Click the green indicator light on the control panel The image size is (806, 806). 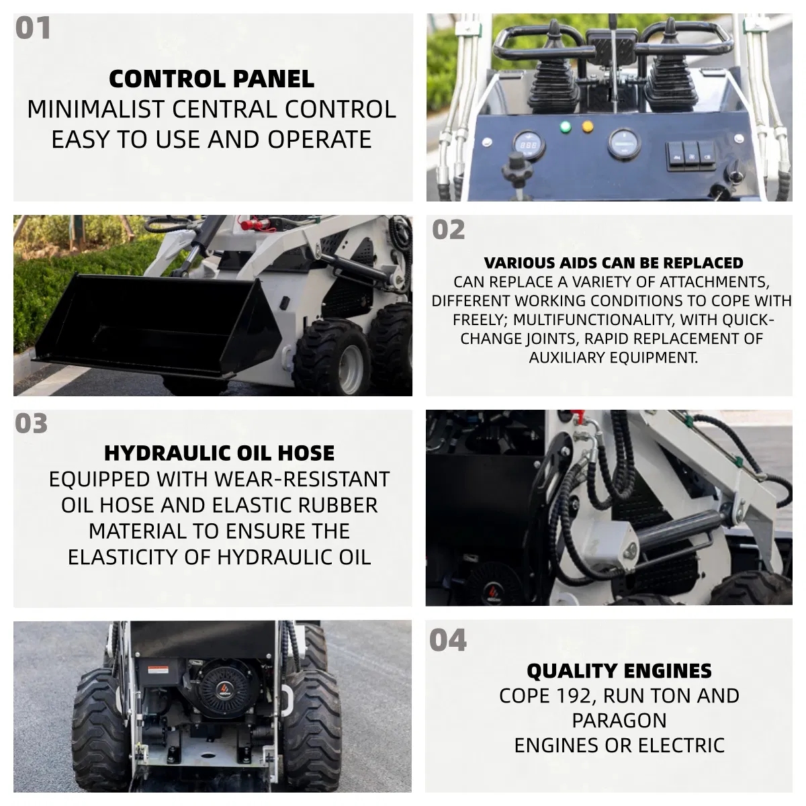(565, 126)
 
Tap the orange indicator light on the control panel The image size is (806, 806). (587, 126)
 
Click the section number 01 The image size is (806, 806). (33, 28)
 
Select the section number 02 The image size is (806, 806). (448, 230)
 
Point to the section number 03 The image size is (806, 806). (32, 423)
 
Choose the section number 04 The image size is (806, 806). (447, 640)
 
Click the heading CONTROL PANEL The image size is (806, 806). (212, 79)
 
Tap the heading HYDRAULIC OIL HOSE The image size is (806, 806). (219, 453)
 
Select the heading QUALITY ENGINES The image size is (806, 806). (619, 671)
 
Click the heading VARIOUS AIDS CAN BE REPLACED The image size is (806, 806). (614, 263)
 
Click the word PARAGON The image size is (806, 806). (619, 721)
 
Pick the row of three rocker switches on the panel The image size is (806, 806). (690, 156)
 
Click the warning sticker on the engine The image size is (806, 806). (158, 670)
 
